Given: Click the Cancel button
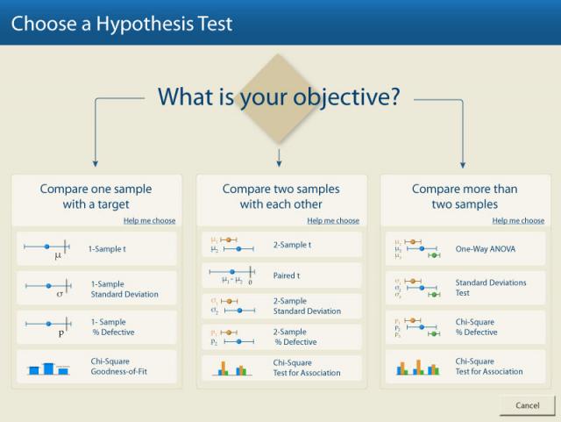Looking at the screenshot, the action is coord(528,405).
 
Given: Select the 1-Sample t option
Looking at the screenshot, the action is coord(107,248).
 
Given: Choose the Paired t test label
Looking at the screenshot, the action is coord(287,275).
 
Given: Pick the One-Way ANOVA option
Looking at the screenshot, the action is coord(485,248).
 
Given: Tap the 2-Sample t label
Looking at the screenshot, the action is coord(292,245).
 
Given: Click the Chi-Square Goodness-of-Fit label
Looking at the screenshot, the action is coord(119,366).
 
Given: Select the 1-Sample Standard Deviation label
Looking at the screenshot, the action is coord(124,290).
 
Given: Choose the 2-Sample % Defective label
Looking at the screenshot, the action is coord(295,337).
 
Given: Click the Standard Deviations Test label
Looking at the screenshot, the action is coord(491,288).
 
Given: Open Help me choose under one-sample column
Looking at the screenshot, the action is coord(150,221).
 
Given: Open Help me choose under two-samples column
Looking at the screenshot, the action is coord(333,221).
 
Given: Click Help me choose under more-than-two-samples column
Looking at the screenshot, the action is coord(518,221).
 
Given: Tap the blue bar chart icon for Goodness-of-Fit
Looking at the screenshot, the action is coord(48,368).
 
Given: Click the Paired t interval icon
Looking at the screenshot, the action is coord(231,275).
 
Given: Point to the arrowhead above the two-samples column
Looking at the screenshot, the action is coord(279,164).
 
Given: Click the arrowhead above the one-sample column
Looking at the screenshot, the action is coord(96,164).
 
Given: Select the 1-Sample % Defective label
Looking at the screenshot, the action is coord(113,327).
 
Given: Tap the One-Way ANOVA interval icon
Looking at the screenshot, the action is coord(417,248).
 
